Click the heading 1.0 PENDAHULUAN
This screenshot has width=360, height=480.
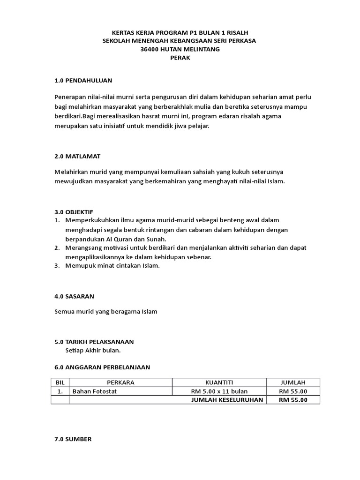pos(83,81)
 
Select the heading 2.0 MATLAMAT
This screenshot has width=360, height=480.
pos(77,156)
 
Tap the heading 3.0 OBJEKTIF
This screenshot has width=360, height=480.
pos(77,212)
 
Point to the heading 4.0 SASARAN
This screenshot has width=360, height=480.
pos(74,296)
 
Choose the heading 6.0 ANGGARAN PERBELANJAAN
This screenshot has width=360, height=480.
pos(102,367)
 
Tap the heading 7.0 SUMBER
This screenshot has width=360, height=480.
pos(73,439)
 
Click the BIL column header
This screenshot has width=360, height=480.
pos(60,382)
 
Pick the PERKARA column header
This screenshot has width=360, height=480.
pos(120,382)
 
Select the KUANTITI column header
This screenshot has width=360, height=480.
pos(219,382)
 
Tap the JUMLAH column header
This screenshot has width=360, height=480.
pos(292,382)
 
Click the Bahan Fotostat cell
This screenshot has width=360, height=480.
pos(94,391)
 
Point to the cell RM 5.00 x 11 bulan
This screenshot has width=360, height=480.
pos(219,391)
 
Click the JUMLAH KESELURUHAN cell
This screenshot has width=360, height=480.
pos(227,400)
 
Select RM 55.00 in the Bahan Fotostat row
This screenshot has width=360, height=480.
pos(293,391)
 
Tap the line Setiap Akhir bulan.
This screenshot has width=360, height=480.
pos(93,350)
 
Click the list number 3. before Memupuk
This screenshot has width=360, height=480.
pos(57,266)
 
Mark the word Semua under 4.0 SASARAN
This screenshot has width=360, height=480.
pos(64,311)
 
